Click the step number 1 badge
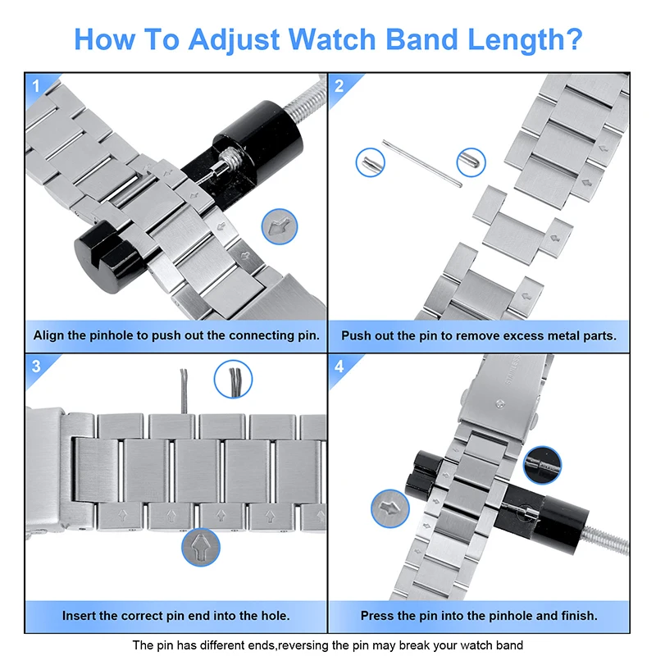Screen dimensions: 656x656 pos(35,85)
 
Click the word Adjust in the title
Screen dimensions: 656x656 pos(233,39)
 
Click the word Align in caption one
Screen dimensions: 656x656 pos(52,335)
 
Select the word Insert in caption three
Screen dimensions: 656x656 pos(81,615)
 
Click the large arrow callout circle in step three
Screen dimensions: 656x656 pos(200,548)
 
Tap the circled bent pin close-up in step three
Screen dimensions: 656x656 pos(233,380)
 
